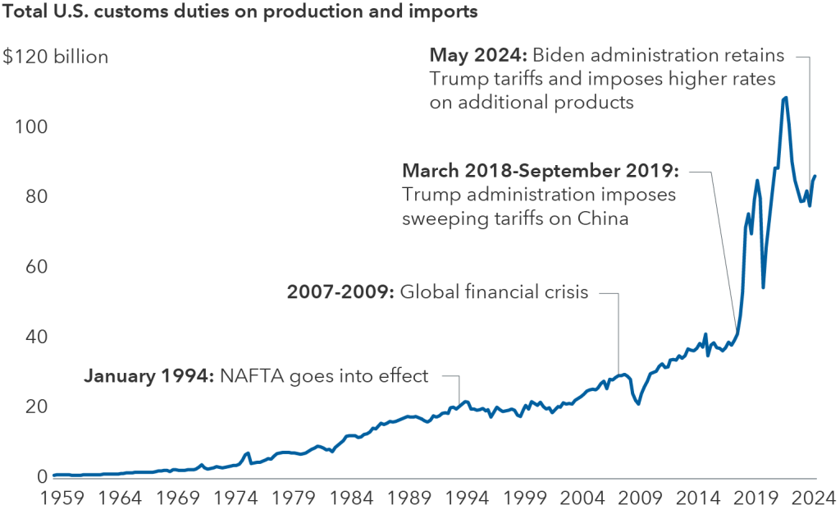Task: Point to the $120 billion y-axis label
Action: coord(55,57)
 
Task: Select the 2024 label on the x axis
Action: coord(815,498)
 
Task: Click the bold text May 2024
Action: coord(478,56)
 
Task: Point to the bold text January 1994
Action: coord(148,376)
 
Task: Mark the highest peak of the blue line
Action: coord(785,98)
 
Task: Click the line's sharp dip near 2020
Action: coord(763,287)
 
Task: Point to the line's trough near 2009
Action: coord(638,403)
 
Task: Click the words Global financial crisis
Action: coord(495,292)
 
